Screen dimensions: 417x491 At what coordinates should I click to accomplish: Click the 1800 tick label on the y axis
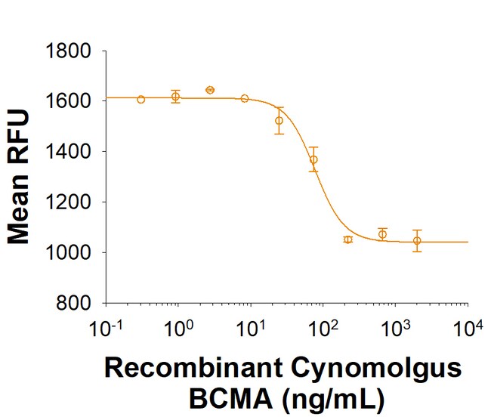pos(69,51)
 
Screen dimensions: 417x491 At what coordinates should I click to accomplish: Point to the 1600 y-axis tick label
pos(69,101)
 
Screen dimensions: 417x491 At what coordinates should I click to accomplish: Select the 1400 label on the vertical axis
pos(69,152)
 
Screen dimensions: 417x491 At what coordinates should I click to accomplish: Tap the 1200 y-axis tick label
pos(69,202)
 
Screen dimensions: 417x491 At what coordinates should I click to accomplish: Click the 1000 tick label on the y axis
pos(69,252)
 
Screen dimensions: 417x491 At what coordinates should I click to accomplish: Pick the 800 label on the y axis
pos(76,303)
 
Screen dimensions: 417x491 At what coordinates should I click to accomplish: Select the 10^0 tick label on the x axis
pos(178,330)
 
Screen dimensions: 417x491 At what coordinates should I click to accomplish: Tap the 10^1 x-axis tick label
pos(249,330)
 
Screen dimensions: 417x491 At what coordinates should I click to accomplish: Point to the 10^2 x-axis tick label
pos(322,330)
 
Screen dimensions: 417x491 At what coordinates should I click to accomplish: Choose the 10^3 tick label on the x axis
pos(394,330)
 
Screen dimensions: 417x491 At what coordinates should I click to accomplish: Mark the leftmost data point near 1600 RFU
pos(141,99)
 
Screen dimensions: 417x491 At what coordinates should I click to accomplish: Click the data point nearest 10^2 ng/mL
pos(313,159)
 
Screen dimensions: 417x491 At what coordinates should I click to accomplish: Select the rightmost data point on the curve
pos(417,241)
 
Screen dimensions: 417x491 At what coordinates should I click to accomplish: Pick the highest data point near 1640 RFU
pos(210,90)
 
